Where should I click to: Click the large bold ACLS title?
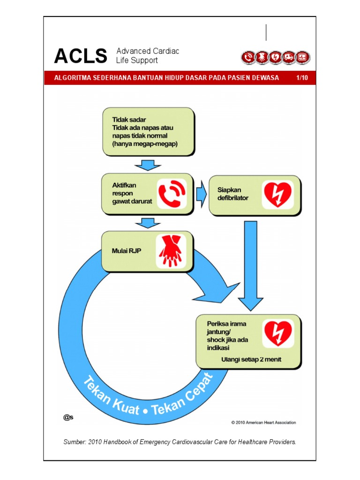[80, 56]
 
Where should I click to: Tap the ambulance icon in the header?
[289, 57]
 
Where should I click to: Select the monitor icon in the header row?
[303, 57]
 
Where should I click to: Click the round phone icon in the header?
[248, 57]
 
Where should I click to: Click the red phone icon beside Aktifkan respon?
[171, 194]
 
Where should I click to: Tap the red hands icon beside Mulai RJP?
[171, 251]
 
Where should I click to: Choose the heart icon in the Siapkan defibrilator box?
[277, 195]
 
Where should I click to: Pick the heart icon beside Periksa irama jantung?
[277, 333]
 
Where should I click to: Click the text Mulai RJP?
[126, 251]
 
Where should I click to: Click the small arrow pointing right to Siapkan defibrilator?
[201, 195]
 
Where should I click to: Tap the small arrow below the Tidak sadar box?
[148, 165]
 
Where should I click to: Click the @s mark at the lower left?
[68, 417]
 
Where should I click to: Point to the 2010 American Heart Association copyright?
[263, 422]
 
